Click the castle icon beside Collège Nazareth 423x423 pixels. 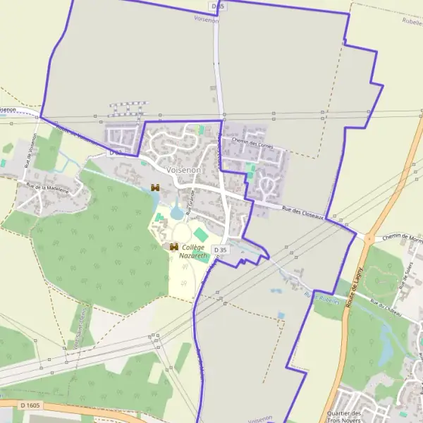click(174, 247)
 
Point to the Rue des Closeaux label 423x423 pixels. click(302, 211)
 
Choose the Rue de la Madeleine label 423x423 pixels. click(47, 188)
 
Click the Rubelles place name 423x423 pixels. click(411, 21)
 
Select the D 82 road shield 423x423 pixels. click(116, 152)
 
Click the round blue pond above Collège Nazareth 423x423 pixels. click(176, 213)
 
